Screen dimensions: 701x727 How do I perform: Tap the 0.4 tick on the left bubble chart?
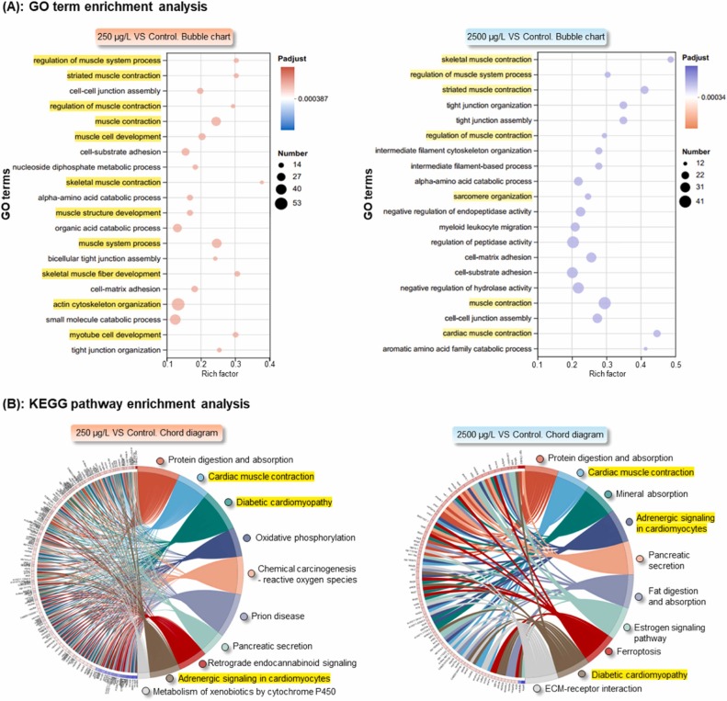point(269,364)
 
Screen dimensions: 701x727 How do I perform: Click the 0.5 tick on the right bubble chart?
point(676,365)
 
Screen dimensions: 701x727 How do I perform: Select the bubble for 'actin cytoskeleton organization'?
point(178,304)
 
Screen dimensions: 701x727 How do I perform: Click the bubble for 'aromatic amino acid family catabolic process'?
point(645,349)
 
